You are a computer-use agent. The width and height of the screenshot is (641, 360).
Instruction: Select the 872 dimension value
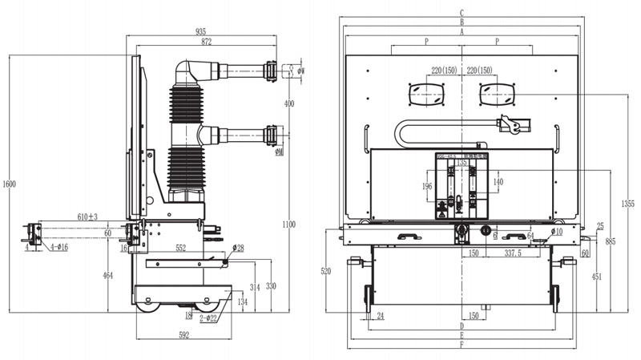[207, 41]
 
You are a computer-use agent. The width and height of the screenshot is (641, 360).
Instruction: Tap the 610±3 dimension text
[87, 217]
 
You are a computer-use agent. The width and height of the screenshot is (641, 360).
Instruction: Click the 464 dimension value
[108, 275]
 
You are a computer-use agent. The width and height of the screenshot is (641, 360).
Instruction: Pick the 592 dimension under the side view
[183, 336]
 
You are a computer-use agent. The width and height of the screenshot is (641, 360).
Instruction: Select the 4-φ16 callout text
[57, 248]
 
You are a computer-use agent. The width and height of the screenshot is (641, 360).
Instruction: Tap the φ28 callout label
[239, 248]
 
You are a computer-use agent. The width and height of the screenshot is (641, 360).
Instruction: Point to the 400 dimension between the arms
[289, 103]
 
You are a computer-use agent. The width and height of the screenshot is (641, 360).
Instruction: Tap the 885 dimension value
[611, 241]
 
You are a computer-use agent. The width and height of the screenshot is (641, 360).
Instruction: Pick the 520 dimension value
[326, 272]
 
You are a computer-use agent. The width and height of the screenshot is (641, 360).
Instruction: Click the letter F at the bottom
[462, 346]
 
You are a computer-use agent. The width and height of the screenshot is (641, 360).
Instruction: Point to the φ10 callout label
[557, 232]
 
